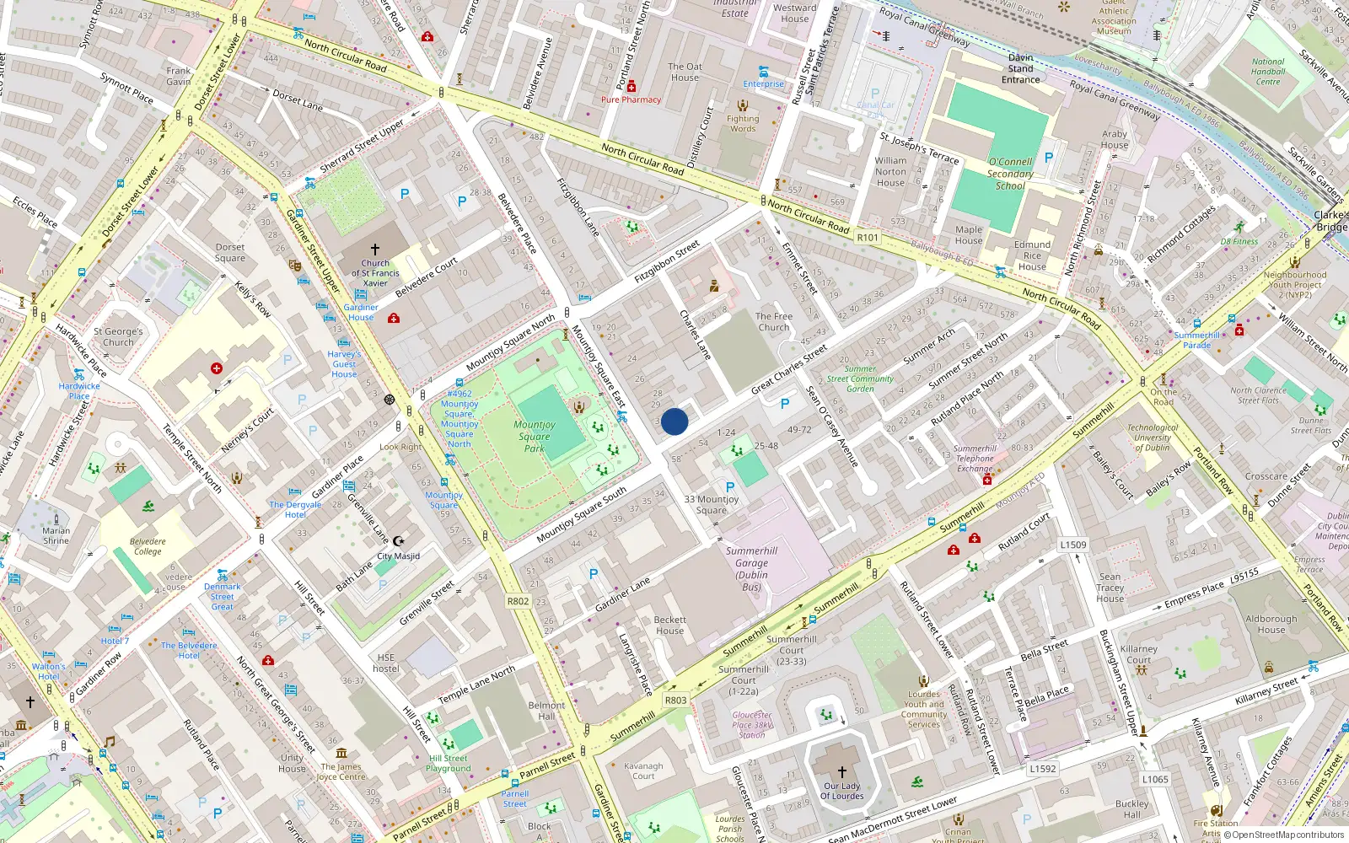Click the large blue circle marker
click(674, 421)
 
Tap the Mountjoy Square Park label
click(535, 437)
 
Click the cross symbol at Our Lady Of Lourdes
click(841, 771)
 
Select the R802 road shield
click(518, 601)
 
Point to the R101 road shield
click(868, 238)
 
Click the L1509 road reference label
click(1073, 545)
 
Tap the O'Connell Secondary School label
click(1010, 174)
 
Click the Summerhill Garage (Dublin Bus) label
click(751, 569)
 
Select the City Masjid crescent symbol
click(400, 541)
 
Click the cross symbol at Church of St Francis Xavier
click(375, 250)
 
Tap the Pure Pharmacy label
click(631, 99)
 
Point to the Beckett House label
click(669, 625)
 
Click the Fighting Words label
click(743, 123)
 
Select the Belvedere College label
click(148, 546)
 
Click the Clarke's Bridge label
click(1330, 221)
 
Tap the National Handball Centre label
click(1268, 72)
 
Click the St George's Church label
click(118, 337)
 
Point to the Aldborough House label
click(1271, 624)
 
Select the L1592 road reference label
click(1042, 769)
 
